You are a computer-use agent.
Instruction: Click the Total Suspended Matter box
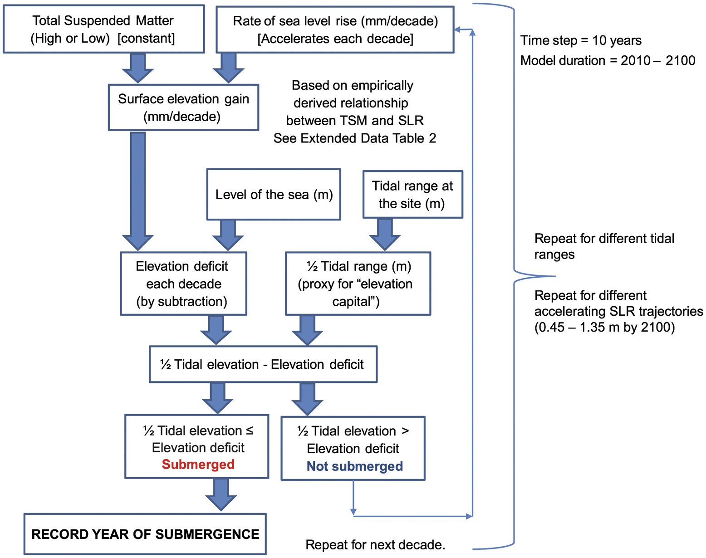103,29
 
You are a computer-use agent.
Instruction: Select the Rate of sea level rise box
335,29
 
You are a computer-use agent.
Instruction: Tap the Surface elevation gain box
183,108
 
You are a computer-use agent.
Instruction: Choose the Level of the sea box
274,195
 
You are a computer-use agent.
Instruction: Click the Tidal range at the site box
412,195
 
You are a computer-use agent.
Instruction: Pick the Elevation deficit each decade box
183,284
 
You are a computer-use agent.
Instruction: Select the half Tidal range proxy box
358,284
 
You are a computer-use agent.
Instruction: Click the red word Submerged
198,465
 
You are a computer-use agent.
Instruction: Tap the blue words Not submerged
354,466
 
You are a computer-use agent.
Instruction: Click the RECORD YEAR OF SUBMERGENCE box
145,534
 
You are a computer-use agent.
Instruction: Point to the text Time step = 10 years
581,40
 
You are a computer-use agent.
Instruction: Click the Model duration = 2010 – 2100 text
608,60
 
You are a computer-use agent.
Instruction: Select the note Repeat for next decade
375,544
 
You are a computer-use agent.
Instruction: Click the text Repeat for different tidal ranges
604,246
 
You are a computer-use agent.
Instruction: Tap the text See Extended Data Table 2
354,138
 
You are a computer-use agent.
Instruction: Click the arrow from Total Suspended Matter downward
138,67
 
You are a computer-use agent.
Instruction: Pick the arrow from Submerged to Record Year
221,494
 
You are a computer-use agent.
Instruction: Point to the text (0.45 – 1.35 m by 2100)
604,327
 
